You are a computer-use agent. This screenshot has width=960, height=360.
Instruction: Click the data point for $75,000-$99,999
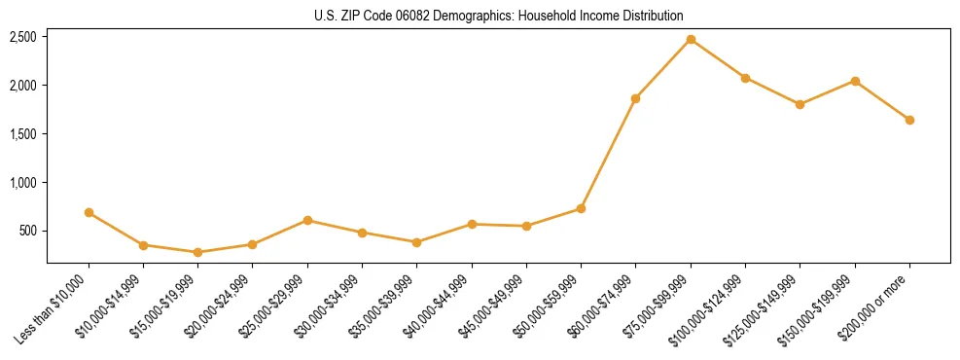click(x=691, y=39)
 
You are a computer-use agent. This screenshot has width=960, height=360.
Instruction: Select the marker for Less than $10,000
click(x=89, y=212)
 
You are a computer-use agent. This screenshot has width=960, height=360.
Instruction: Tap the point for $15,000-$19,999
click(x=198, y=252)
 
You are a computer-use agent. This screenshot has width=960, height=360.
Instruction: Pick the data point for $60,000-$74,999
click(x=636, y=98)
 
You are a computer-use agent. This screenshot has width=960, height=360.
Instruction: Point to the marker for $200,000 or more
click(x=909, y=120)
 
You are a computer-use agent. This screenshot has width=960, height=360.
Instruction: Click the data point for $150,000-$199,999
click(x=855, y=81)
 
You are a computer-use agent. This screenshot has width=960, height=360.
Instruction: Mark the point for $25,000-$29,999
click(x=307, y=220)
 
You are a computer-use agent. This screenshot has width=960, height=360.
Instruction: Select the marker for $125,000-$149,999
click(x=800, y=104)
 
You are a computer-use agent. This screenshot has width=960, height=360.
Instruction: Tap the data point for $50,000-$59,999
click(x=581, y=208)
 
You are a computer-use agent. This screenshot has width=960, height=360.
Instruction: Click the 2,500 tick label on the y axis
click(x=23, y=37)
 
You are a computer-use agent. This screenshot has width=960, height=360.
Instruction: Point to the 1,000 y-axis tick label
click(x=23, y=183)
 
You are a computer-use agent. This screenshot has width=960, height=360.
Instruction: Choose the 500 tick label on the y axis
click(x=28, y=232)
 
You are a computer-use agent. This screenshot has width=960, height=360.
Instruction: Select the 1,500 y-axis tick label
click(x=23, y=134)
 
